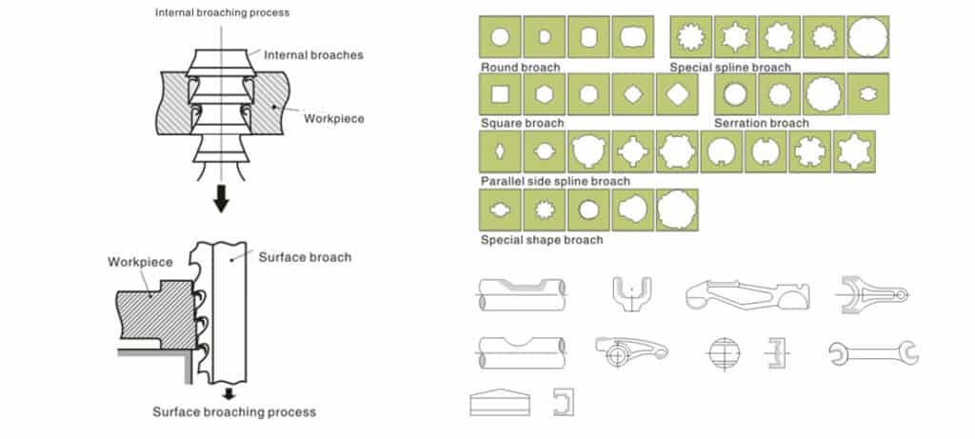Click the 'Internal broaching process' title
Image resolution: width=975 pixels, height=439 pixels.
coord(222,12)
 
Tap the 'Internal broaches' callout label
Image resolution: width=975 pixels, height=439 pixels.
coord(313,54)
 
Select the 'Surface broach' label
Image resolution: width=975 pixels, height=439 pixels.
coord(305,257)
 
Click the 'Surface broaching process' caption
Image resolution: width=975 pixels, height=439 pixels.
coord(234,411)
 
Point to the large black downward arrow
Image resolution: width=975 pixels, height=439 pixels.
coord(221,199)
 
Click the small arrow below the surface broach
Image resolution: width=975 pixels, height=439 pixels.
coord(229,393)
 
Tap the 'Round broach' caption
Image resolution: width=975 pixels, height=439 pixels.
coord(521,67)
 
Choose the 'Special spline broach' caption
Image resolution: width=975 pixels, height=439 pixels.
coord(730,67)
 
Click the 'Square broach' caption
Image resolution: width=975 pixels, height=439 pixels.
coord(523,123)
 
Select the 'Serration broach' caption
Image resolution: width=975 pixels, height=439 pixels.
coord(762,123)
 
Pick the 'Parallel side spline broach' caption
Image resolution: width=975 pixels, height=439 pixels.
coord(555,181)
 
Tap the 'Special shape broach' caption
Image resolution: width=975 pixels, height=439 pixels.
coord(542,239)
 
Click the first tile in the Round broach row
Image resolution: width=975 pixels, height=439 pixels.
coord(500,37)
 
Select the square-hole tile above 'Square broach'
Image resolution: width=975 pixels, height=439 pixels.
coord(500,94)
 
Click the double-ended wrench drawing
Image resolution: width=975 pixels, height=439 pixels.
coord(874,353)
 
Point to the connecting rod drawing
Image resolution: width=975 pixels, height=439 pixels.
coord(874,294)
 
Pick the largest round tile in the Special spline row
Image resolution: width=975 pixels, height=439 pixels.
coord(868,37)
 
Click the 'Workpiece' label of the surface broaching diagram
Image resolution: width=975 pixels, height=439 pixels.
coord(140,262)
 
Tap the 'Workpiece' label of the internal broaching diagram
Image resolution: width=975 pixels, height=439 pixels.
coord(334,118)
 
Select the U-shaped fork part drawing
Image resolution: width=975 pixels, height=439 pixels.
coord(631,293)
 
